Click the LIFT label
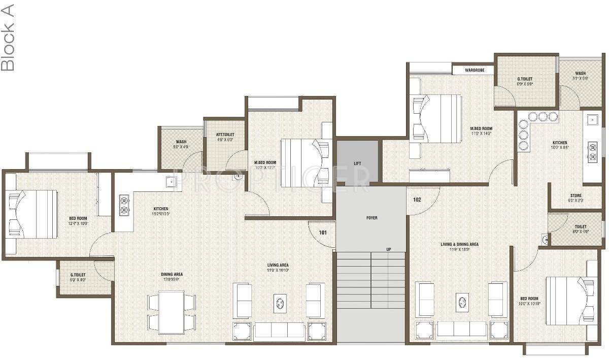point(357,163)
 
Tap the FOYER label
point(371,218)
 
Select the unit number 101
point(323,233)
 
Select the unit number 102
point(417,200)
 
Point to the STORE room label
point(576,195)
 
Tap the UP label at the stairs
point(388,249)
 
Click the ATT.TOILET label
point(225,135)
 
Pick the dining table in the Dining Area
point(171,312)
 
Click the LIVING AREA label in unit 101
point(278,265)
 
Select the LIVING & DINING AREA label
point(459,244)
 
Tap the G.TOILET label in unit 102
point(525,79)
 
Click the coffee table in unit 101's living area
point(280,303)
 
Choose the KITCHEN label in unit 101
point(161,209)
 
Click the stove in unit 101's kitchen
point(124,205)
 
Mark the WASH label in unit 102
point(580,74)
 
